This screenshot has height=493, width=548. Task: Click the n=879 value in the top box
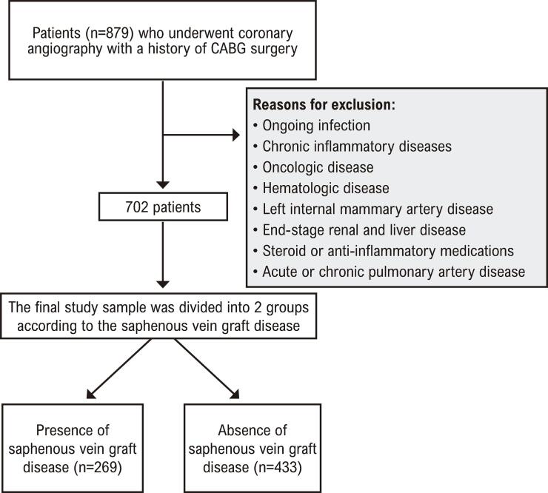(x=107, y=33)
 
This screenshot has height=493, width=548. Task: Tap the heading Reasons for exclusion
(x=324, y=104)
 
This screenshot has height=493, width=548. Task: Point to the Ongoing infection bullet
(x=312, y=125)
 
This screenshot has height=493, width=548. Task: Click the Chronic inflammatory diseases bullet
(x=352, y=147)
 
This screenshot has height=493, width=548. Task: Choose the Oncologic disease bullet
(x=313, y=167)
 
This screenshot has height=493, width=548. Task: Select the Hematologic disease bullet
(x=321, y=188)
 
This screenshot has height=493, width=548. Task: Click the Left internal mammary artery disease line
(x=373, y=209)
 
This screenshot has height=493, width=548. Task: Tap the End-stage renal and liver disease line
(x=360, y=230)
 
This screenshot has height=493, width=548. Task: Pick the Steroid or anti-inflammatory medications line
(x=384, y=251)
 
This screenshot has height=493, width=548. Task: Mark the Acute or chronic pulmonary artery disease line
(x=390, y=272)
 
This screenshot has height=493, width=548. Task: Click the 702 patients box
(x=163, y=207)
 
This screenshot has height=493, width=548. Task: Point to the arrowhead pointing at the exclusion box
(x=236, y=135)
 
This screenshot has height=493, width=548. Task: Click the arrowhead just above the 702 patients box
(x=163, y=185)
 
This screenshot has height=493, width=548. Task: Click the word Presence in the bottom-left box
(x=73, y=430)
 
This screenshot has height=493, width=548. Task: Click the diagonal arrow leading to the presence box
(x=118, y=369)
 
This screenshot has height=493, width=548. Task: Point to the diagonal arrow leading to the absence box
(x=207, y=369)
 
